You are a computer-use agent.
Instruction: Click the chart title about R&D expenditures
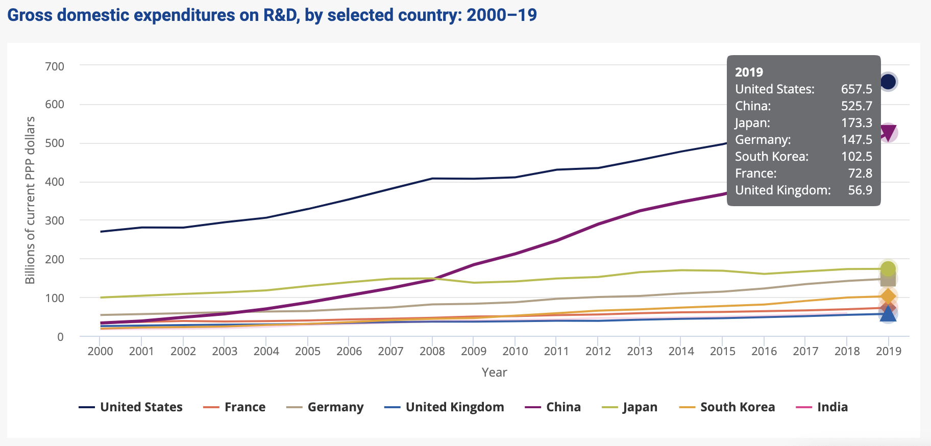pyautogui.click(x=272, y=15)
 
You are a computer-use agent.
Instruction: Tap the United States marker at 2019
pyautogui.click(x=888, y=82)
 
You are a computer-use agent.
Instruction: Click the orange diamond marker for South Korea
pyautogui.click(x=888, y=296)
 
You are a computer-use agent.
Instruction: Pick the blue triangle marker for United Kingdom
pyautogui.click(x=888, y=314)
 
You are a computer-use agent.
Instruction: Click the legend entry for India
pyautogui.click(x=822, y=407)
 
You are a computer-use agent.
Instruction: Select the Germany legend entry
pyautogui.click(x=325, y=407)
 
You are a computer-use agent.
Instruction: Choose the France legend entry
pyautogui.click(x=234, y=407)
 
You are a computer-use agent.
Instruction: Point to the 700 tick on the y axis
pyautogui.click(x=54, y=66)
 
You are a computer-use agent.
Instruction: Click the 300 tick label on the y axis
pyautogui.click(x=54, y=220)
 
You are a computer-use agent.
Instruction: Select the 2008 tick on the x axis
pyautogui.click(x=432, y=351)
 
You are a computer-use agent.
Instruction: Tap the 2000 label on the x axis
pyautogui.click(x=100, y=351)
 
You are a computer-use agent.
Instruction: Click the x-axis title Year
pyautogui.click(x=494, y=373)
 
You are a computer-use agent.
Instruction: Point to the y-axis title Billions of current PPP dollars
pyautogui.click(x=30, y=200)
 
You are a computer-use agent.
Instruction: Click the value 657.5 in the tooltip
pyautogui.click(x=856, y=89)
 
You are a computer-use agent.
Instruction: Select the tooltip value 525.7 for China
pyautogui.click(x=856, y=106)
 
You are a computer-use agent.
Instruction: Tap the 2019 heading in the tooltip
pyautogui.click(x=749, y=72)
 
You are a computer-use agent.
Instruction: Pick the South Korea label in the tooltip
pyautogui.click(x=772, y=157)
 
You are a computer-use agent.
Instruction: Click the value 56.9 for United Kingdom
pyautogui.click(x=860, y=190)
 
